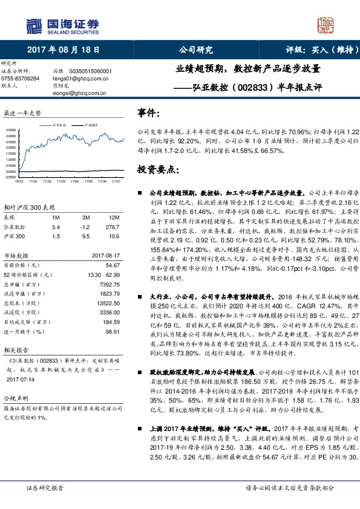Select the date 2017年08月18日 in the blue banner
[64, 51]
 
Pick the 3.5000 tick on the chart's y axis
[11, 130]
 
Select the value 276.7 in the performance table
[113, 226]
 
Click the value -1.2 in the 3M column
[85, 226]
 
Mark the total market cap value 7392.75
[111, 284]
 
